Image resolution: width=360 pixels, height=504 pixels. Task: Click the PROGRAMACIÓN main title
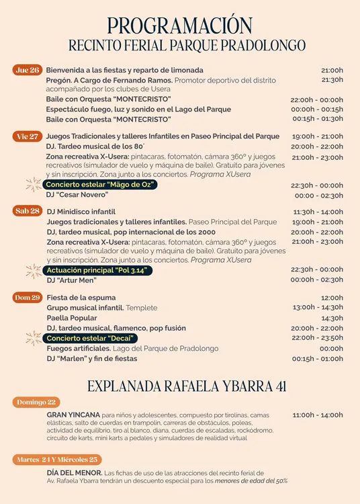pyautogui.click(x=180, y=26)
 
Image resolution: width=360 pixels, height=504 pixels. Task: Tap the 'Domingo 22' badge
pyautogui.click(x=37, y=402)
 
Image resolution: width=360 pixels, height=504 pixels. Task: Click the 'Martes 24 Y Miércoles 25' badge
pyautogui.click(x=57, y=460)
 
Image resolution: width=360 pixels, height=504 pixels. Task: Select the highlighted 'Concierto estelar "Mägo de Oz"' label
pyautogui.click(x=100, y=184)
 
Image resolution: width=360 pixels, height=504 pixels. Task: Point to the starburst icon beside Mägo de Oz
pyautogui.click(x=33, y=184)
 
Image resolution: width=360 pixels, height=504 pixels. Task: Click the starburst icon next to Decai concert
pyautogui.click(x=33, y=338)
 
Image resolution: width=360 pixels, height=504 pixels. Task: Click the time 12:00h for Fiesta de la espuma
pyautogui.click(x=332, y=298)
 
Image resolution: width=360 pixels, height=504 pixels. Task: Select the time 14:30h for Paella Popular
pyautogui.click(x=332, y=318)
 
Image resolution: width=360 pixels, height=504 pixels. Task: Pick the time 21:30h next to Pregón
pyautogui.click(x=332, y=80)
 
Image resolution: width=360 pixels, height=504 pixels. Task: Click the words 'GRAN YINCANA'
pyautogui.click(x=73, y=415)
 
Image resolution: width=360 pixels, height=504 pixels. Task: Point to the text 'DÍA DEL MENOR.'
pyautogui.click(x=75, y=473)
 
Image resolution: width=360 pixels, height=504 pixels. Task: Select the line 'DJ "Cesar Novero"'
pyautogui.click(x=77, y=195)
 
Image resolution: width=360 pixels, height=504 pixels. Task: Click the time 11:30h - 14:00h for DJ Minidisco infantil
pyautogui.click(x=318, y=212)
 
